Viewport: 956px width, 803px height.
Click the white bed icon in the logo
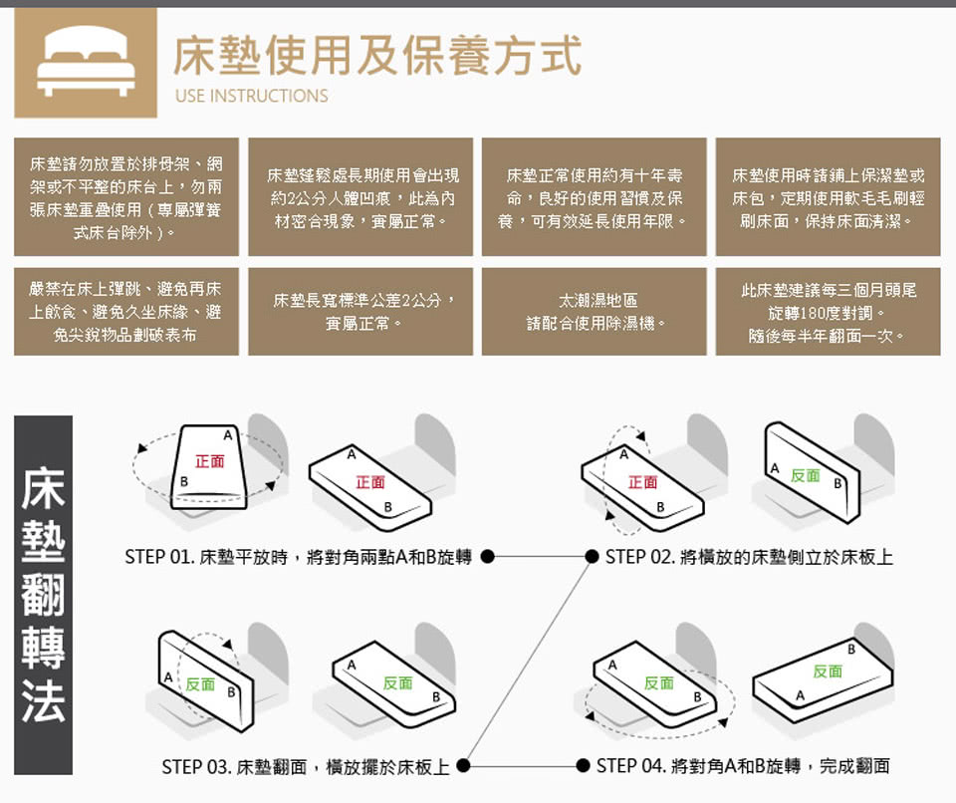click(x=86, y=62)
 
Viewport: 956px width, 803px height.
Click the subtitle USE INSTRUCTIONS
click(x=251, y=96)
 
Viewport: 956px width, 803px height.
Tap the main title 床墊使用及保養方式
click(x=376, y=56)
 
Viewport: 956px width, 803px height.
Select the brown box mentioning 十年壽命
click(x=594, y=197)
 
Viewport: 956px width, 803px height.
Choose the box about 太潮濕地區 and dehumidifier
click(x=594, y=311)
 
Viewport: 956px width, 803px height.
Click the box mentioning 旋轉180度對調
click(x=828, y=311)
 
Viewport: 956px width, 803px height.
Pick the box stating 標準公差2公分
click(x=360, y=311)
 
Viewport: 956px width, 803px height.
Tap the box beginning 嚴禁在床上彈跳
click(x=126, y=311)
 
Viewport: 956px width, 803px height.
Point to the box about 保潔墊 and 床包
click(x=828, y=197)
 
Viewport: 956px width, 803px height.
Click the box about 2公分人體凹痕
click(x=360, y=197)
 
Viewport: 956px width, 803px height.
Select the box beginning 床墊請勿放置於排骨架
click(x=126, y=197)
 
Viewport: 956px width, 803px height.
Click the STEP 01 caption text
click(x=298, y=557)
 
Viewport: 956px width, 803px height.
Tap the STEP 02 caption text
click(x=749, y=557)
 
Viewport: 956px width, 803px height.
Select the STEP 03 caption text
click(x=306, y=766)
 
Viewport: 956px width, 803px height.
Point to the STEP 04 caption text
click(x=743, y=765)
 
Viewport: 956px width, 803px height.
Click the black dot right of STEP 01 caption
click(x=487, y=557)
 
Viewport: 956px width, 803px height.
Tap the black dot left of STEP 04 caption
click(x=583, y=765)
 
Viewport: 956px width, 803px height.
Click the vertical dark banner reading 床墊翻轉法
click(x=43, y=595)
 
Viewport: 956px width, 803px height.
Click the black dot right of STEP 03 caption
click(x=463, y=765)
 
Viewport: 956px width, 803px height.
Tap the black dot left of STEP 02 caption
click(x=592, y=557)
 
